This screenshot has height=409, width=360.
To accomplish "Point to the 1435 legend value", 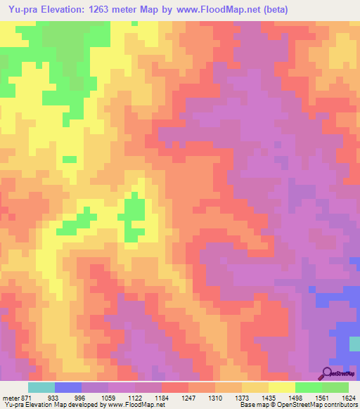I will click(x=269, y=397).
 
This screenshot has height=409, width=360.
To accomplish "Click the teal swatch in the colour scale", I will click(x=41, y=387).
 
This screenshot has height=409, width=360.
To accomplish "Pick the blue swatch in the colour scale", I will click(x=67, y=387).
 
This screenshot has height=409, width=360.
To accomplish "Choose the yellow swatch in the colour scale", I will click(x=281, y=387).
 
